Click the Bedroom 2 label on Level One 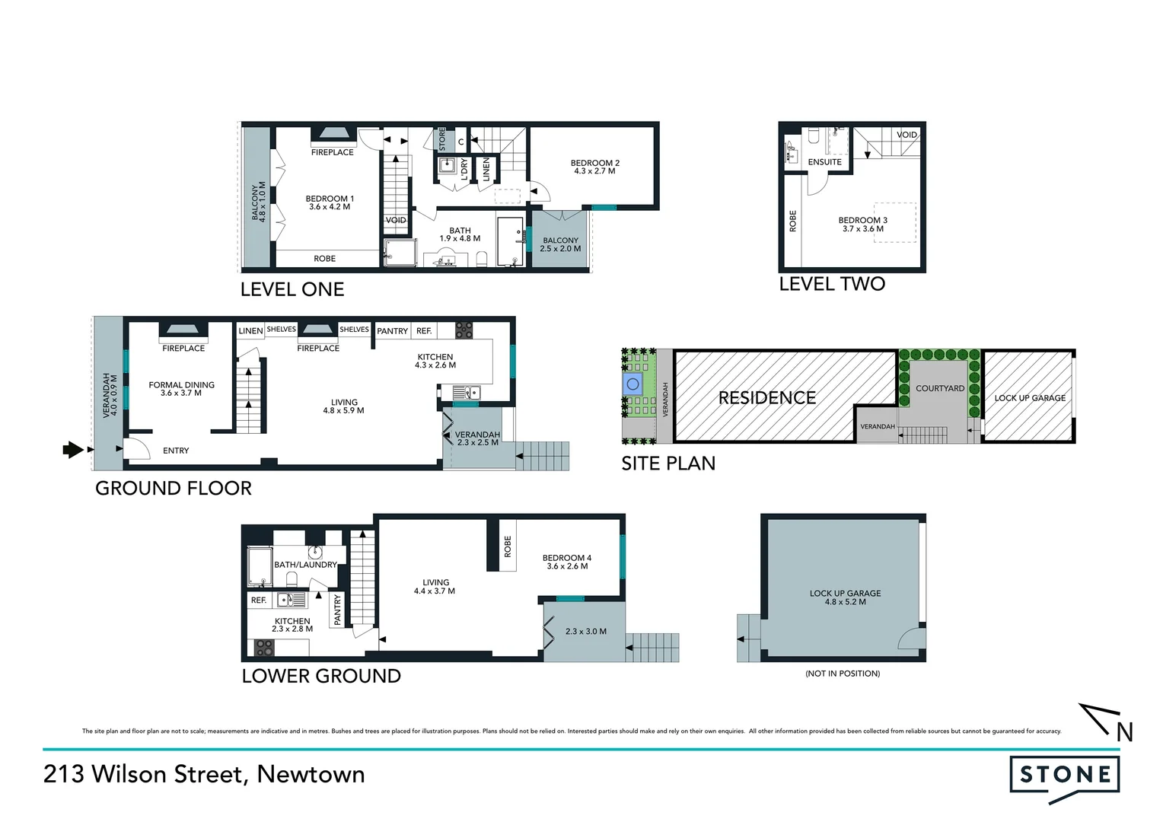coord(595,167)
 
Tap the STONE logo coord(1065,776)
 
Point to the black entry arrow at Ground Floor coord(72,450)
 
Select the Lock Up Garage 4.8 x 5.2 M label coord(845,597)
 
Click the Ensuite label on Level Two coord(824,162)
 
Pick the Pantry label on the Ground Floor coord(392,331)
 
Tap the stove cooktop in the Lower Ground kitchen coord(264,648)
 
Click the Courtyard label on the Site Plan coord(939,388)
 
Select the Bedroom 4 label coord(566,562)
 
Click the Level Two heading coord(832,284)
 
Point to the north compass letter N coord(1124,732)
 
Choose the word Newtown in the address coord(311,774)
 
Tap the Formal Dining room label coord(181,389)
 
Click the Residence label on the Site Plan coord(766,398)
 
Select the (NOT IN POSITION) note coord(843,674)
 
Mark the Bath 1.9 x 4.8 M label coord(460,234)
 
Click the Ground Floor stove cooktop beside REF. coord(464,330)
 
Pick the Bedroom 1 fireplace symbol coord(333,134)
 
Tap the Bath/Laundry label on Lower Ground coord(304,565)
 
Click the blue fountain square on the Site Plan coord(632,384)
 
